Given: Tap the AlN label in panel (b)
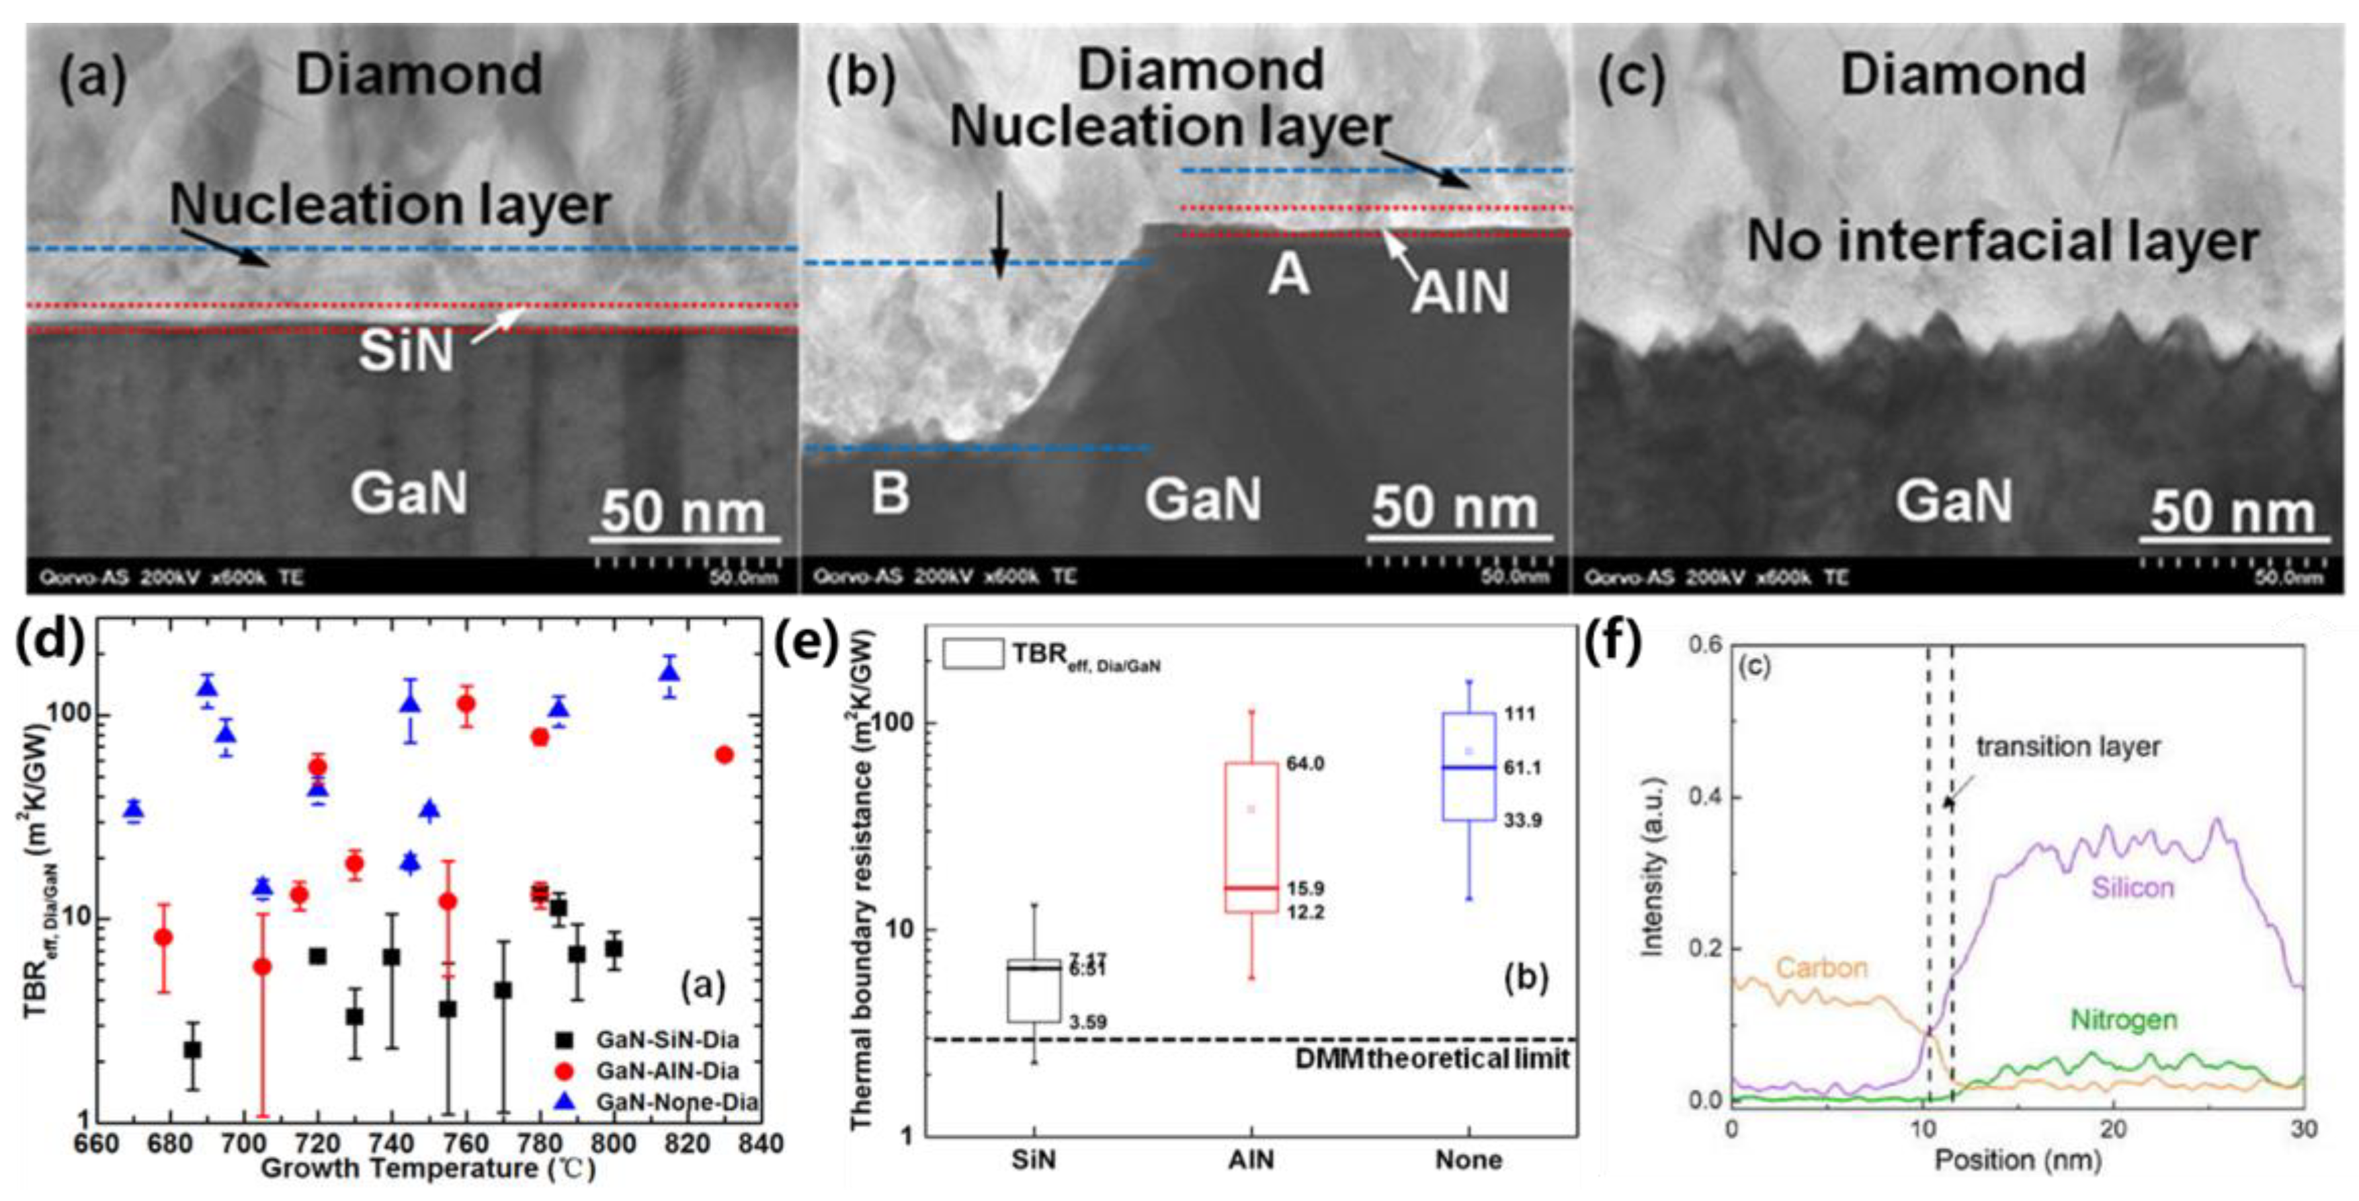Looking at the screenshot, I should click(1460, 293).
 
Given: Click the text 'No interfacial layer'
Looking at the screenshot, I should click(2002, 242).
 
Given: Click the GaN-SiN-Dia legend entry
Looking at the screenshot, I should click(666, 1040).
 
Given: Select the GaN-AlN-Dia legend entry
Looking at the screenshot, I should click(666, 1071).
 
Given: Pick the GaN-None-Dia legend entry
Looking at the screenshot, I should click(676, 1101).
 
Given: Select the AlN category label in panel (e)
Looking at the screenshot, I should click(1251, 1160).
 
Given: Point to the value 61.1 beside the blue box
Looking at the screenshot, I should click(1522, 768).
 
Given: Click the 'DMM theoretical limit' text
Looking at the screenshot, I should click(1432, 1059).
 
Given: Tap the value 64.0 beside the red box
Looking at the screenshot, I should click(1305, 764).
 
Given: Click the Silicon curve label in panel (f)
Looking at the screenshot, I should click(2132, 888).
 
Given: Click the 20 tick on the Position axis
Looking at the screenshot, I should click(2114, 1128).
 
